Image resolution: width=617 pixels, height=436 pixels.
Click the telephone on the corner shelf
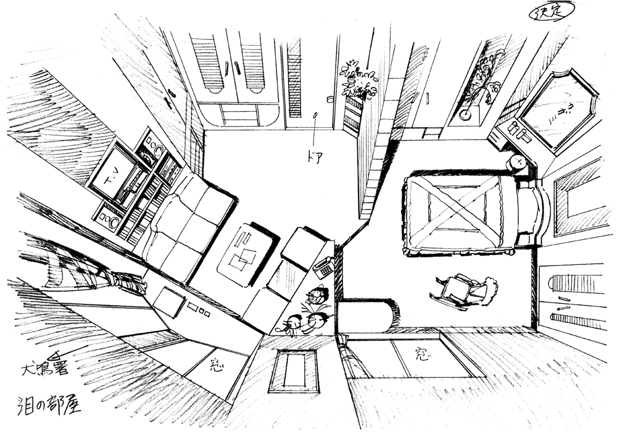point(323,267)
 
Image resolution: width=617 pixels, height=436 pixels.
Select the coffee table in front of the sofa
point(244,254)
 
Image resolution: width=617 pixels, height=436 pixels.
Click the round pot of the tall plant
point(463,114)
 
